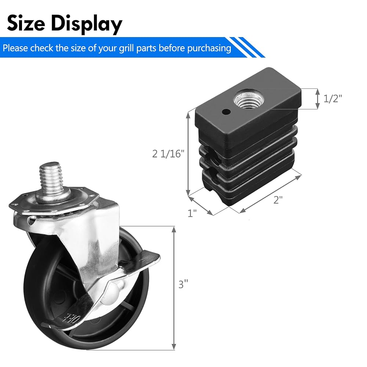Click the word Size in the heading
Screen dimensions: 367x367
26,23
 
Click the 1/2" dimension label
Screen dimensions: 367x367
333,99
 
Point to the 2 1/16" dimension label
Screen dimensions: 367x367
168,154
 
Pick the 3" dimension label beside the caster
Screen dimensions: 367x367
183,284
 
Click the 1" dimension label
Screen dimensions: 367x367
192,213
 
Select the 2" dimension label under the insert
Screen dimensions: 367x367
278,200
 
